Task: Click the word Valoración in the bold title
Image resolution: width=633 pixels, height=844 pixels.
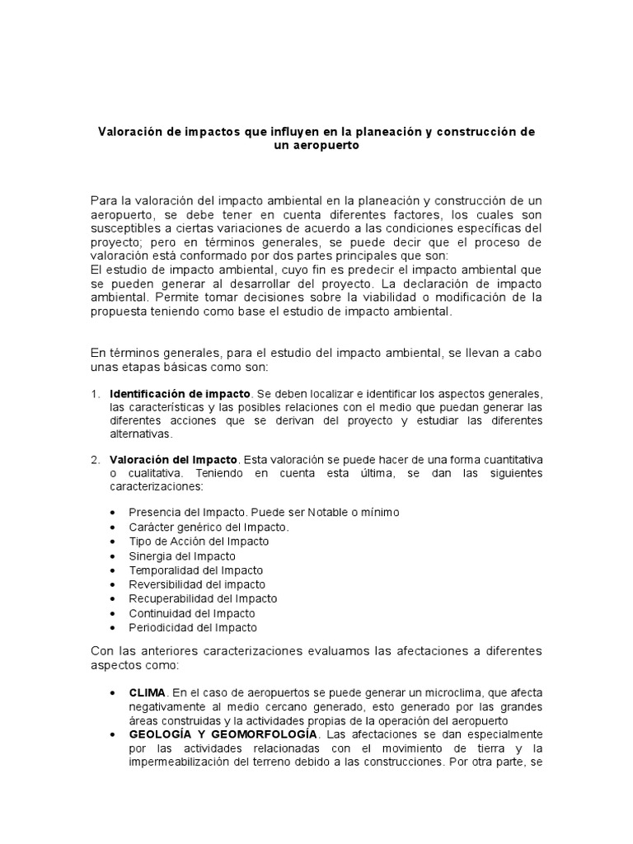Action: tap(133, 132)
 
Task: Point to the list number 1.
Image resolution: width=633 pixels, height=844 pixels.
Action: tap(95, 395)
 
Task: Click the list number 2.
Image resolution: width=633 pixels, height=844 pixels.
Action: tap(95, 459)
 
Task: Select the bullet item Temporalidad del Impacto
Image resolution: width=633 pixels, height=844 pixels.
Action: tap(196, 570)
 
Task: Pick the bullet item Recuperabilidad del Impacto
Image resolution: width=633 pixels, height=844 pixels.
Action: tap(203, 598)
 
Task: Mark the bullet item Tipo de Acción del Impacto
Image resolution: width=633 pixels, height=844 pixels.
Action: tap(199, 542)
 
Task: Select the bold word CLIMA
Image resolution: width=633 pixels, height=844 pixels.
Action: tap(148, 692)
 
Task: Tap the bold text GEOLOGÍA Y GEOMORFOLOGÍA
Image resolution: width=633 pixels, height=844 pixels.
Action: tap(223, 734)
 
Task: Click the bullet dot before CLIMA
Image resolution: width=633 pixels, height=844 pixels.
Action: tap(112, 692)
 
